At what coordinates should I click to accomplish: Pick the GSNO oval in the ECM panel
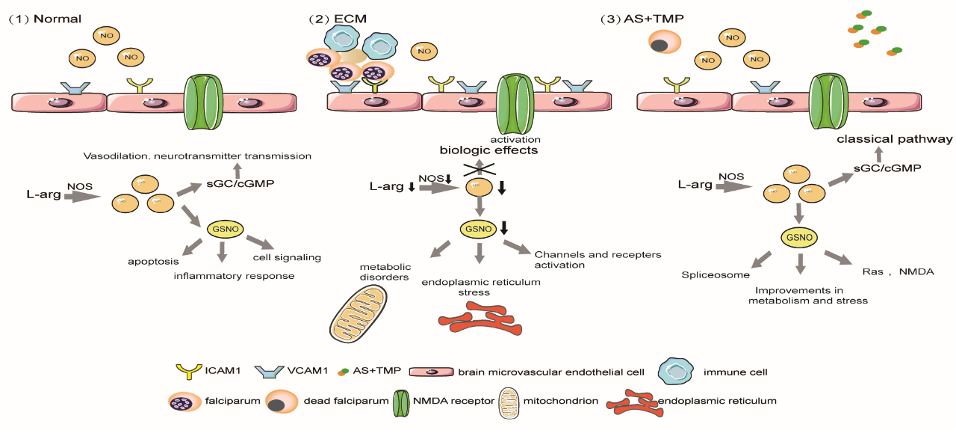click(477, 228)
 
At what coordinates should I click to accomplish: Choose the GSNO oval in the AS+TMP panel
click(800, 239)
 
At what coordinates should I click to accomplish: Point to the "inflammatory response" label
click(235, 276)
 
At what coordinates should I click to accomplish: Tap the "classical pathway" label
click(894, 139)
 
